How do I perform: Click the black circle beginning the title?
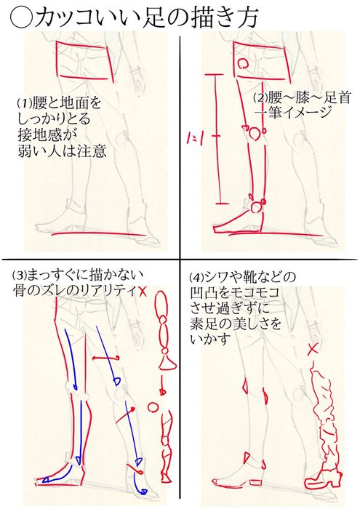click(21, 18)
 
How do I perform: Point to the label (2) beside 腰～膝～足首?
click(260, 97)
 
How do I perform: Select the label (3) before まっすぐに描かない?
click(19, 276)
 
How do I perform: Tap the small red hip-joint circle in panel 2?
click(243, 63)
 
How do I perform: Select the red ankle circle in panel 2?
click(257, 207)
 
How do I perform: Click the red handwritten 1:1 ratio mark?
click(196, 139)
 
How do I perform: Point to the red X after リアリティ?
click(143, 291)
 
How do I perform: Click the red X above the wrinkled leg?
click(313, 349)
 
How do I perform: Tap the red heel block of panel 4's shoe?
click(256, 482)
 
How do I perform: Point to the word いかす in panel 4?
click(209, 340)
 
